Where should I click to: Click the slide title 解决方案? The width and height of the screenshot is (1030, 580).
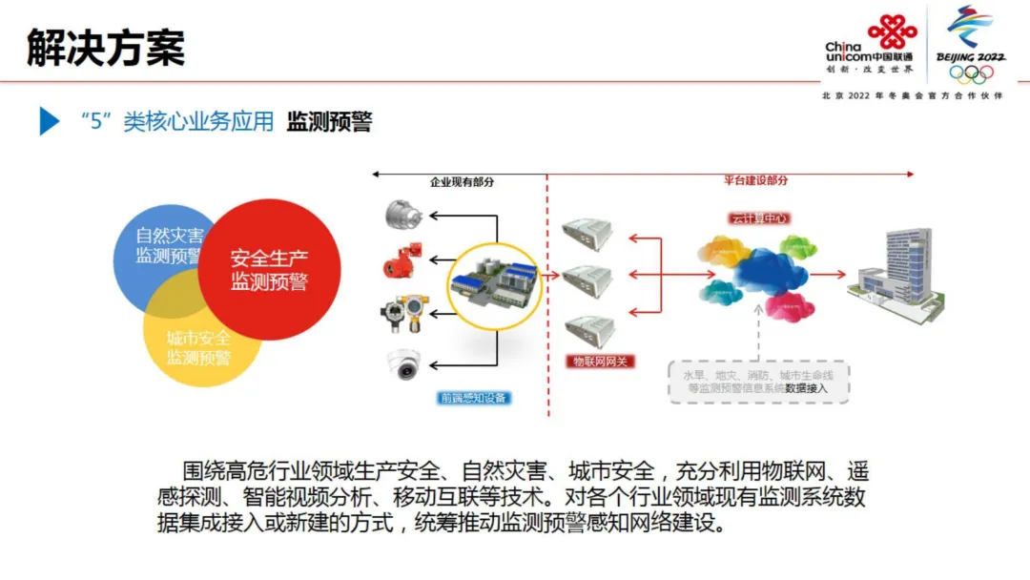click(x=106, y=47)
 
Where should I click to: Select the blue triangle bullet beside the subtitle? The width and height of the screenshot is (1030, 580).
click(x=49, y=121)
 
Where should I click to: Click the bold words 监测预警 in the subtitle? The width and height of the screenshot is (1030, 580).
click(x=329, y=121)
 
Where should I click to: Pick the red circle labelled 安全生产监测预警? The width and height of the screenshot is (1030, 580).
click(x=270, y=270)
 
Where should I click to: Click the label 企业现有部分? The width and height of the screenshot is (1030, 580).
click(x=462, y=181)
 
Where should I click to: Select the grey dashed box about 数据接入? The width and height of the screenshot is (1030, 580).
click(x=758, y=382)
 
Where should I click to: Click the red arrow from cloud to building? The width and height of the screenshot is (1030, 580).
click(x=827, y=275)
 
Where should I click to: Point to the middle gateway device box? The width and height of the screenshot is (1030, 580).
click(x=587, y=277)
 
